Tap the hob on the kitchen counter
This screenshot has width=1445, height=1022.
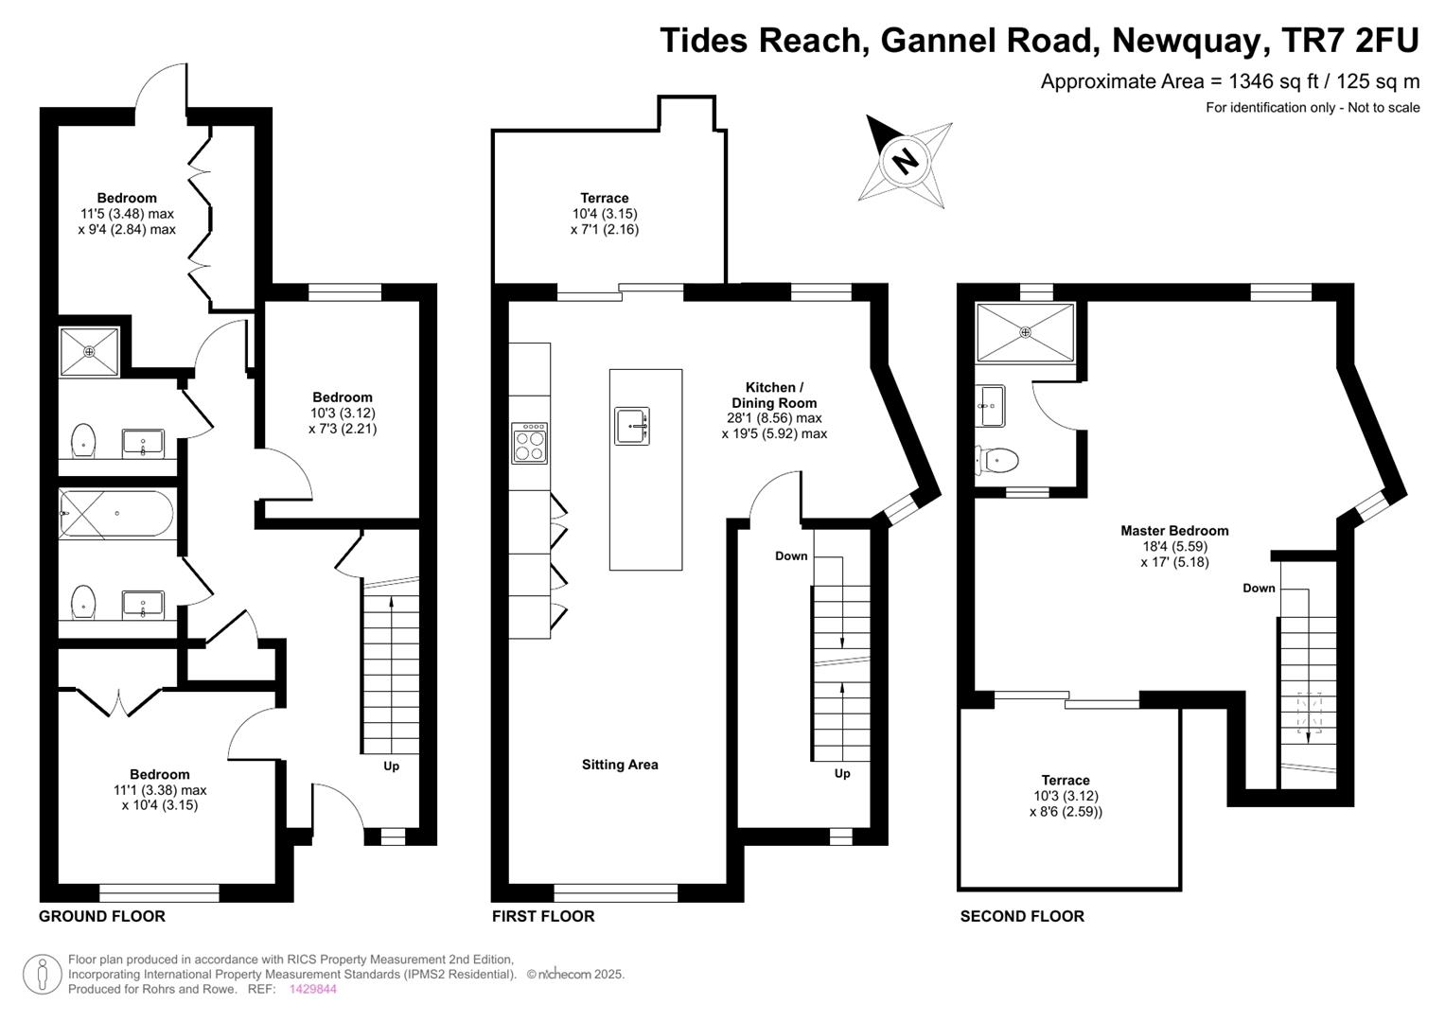click(529, 443)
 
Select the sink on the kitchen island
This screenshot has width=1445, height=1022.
click(631, 426)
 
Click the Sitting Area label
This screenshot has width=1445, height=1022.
click(620, 765)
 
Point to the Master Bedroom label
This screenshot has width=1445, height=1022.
click(1174, 530)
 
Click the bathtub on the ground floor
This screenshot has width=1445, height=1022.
click(116, 514)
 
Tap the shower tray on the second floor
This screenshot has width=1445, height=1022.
click(1025, 333)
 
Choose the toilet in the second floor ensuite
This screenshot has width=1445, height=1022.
click(996, 461)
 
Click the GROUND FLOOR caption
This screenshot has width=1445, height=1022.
click(102, 916)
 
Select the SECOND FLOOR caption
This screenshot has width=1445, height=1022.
click(1022, 916)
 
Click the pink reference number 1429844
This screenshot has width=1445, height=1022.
click(313, 989)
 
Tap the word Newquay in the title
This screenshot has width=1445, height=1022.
click(1187, 40)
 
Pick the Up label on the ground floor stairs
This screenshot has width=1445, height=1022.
click(391, 766)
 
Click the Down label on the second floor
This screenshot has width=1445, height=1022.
click(1259, 588)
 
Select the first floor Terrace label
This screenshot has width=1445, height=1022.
click(604, 198)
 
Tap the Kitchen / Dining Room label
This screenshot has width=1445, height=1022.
click(774, 395)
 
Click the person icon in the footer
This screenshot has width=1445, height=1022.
click(43, 975)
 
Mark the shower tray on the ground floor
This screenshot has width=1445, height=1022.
click(89, 352)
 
